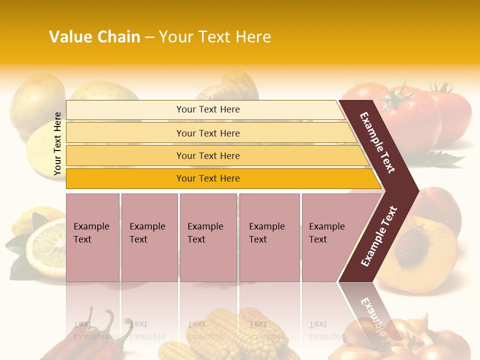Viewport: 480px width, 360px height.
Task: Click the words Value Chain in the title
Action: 94,37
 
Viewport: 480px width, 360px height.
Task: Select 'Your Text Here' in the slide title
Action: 215,37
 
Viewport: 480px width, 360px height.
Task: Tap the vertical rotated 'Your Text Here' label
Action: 57,143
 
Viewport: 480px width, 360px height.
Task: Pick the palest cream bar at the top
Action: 205,109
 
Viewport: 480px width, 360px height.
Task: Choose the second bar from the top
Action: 210,133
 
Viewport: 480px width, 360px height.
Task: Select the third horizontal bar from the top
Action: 215,155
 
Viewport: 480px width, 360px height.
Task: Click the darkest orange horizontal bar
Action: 220,178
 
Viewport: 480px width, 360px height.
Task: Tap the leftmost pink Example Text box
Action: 92,237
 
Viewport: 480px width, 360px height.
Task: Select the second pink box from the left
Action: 149,237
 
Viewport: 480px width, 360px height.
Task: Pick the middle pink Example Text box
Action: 208,237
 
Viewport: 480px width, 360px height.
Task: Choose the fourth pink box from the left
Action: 269,237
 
